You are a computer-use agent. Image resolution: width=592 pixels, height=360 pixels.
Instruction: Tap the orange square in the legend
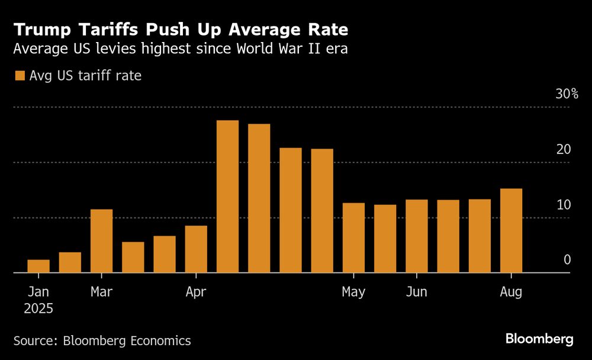click(x=20, y=76)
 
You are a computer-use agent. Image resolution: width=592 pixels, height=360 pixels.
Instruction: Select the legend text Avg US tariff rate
click(x=85, y=76)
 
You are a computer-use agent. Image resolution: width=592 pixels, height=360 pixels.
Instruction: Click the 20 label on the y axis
click(x=563, y=149)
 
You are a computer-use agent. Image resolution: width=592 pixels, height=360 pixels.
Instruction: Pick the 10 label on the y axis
click(x=563, y=205)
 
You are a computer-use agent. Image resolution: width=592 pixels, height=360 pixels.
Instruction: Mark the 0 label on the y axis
click(x=567, y=260)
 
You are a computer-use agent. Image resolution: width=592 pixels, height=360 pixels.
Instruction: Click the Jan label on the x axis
click(x=38, y=292)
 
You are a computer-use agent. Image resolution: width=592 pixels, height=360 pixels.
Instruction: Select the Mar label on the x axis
click(x=102, y=292)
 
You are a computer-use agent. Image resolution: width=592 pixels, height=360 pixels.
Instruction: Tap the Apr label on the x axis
click(x=196, y=292)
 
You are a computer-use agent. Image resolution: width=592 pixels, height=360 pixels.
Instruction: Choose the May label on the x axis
click(x=353, y=292)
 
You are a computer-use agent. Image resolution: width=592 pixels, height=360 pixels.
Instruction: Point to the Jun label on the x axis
click(x=417, y=292)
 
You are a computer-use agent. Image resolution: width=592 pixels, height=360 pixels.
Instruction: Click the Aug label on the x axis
click(x=511, y=292)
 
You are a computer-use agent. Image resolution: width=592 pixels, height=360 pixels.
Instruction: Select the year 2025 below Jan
click(x=38, y=308)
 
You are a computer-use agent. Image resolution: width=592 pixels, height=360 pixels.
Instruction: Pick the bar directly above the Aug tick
click(x=511, y=231)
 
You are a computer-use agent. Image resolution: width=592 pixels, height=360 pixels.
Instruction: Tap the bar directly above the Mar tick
click(x=101, y=241)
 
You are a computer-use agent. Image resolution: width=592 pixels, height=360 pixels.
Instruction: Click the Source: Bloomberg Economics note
click(x=102, y=340)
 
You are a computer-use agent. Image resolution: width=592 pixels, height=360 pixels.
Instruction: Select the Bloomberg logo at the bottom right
click(x=539, y=339)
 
